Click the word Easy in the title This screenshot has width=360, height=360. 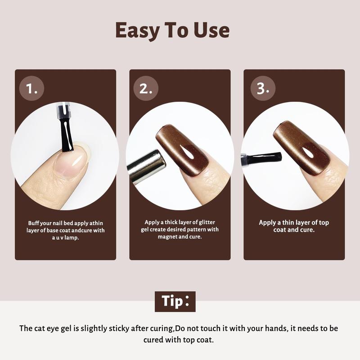pyautogui.click(x=137, y=31)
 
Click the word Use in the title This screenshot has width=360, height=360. pyautogui.click(x=211, y=30)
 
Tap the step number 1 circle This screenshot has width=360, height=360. pyautogui.click(x=31, y=88)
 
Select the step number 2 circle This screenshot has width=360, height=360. pyautogui.click(x=146, y=88)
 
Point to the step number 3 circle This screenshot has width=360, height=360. pyautogui.click(x=263, y=88)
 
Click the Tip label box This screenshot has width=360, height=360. pyautogui.click(x=175, y=301)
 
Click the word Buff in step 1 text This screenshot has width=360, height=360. pyautogui.click(x=33, y=223)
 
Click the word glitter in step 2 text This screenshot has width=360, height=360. pyautogui.click(x=207, y=222)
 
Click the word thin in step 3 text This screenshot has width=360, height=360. pyautogui.click(x=288, y=222)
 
